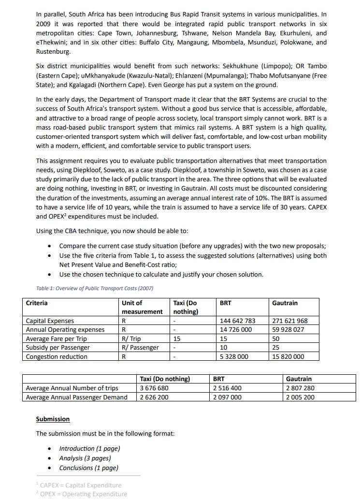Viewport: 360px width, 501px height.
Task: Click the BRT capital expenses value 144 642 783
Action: click(237, 321)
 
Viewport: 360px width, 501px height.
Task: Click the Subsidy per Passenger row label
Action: click(58, 348)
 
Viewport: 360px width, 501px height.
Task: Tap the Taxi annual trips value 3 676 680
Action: click(154, 388)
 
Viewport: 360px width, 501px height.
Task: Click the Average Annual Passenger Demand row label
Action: click(76, 397)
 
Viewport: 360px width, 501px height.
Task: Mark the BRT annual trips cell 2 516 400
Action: click(228, 388)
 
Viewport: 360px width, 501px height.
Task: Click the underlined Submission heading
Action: click(53, 419)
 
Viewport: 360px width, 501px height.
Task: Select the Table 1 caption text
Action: click(94, 289)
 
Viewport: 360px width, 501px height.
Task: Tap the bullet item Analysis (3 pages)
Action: click(85, 458)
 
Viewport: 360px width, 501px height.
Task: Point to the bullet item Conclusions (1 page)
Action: click(88, 468)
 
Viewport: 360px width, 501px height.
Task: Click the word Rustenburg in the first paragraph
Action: click(53, 51)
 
